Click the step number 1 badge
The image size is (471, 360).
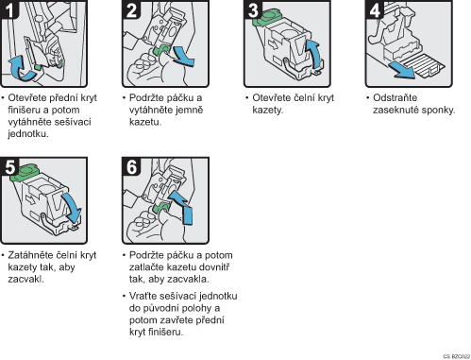(8, 9)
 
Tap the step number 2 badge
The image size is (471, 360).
(131, 9)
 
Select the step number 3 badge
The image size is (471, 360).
(253, 9)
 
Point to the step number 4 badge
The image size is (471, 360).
(375, 9)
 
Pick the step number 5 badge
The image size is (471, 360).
(9, 167)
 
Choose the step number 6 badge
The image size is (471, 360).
(131, 167)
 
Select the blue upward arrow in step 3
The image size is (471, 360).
(314, 54)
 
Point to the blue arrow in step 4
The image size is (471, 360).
(401, 71)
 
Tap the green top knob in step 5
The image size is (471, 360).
(25, 172)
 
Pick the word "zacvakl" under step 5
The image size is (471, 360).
(25, 279)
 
